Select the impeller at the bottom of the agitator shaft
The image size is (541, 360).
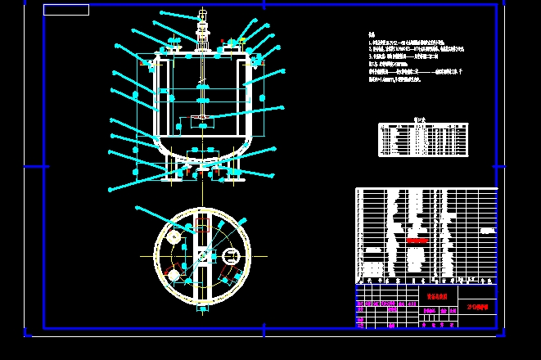click(201, 123)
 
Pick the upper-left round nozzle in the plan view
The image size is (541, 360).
click(174, 236)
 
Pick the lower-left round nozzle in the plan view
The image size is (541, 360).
click(173, 273)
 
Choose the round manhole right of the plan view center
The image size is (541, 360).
click(229, 256)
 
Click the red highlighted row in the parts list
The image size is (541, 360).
click(417, 241)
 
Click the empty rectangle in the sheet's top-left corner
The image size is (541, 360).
click(66, 10)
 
